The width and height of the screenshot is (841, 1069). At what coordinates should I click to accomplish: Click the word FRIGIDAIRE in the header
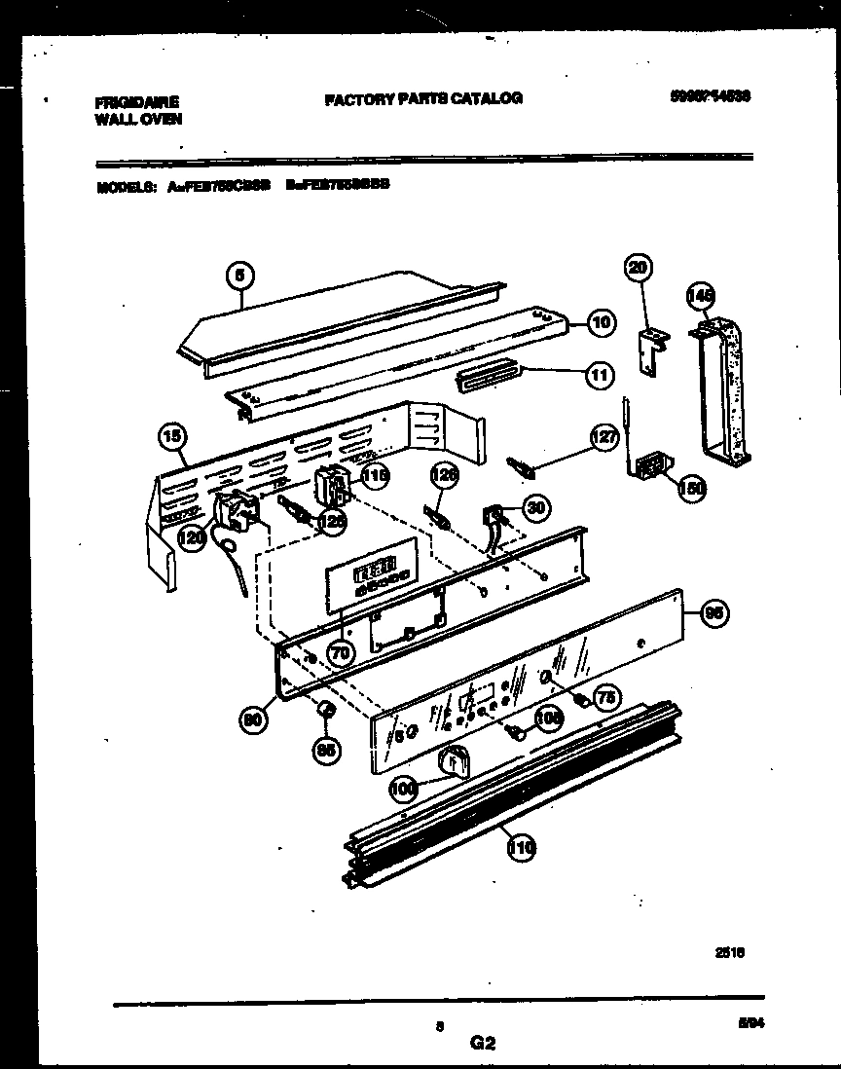138,100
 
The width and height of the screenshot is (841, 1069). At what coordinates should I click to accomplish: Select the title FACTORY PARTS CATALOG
422,98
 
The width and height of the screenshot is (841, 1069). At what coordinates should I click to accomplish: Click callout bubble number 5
238,276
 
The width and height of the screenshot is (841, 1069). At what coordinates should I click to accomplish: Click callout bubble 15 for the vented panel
173,438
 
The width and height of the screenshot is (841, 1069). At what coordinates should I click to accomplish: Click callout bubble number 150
691,489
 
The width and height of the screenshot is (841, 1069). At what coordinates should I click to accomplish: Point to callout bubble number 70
340,652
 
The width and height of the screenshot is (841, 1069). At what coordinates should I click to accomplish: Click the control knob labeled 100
453,760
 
